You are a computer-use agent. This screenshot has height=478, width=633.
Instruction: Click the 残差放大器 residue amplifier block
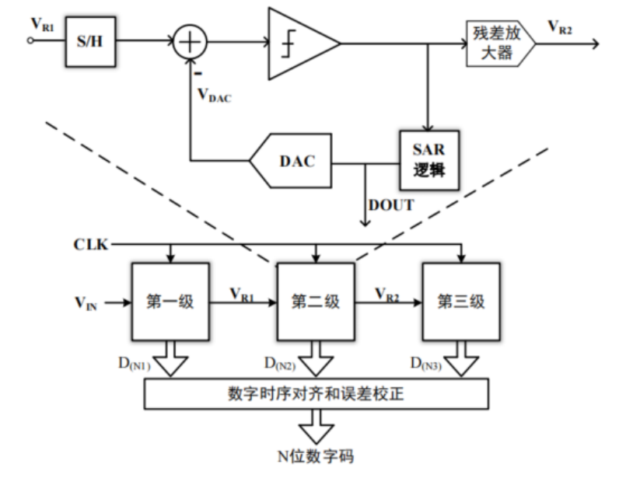click(x=501, y=44)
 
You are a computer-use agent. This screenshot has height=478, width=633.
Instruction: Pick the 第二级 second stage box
click(x=316, y=302)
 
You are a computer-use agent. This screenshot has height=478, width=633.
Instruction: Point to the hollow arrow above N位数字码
click(x=316, y=426)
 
